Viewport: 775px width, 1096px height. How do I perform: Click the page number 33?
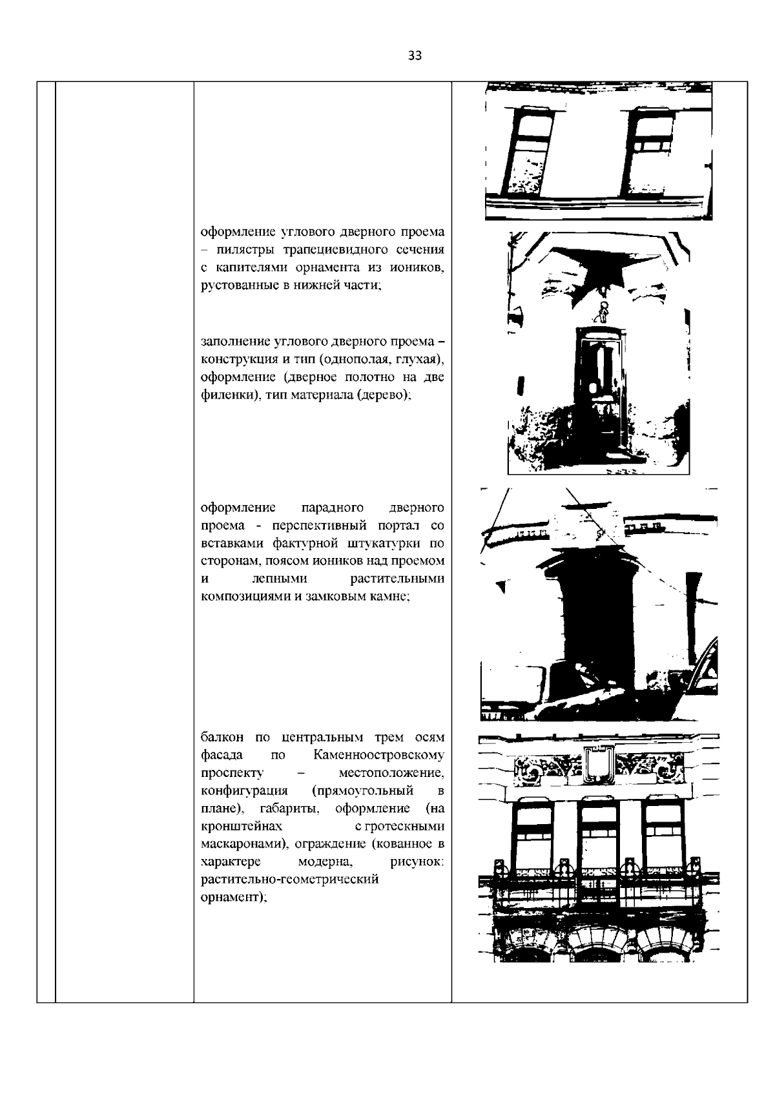pyautogui.click(x=415, y=56)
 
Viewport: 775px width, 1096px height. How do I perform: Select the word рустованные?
pyautogui.click(x=232, y=285)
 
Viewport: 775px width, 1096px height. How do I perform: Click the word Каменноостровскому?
pyautogui.click(x=379, y=755)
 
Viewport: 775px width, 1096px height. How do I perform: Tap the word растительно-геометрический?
pyautogui.click(x=289, y=879)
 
